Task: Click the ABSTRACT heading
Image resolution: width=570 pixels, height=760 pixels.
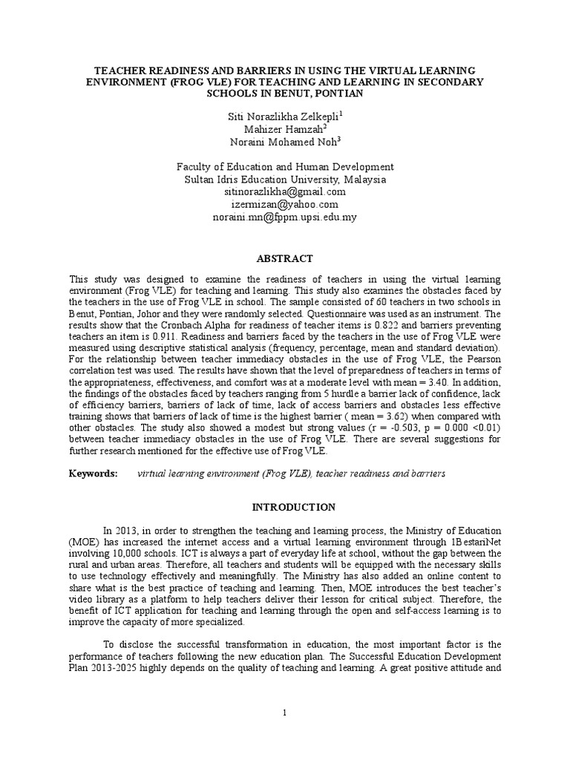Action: point(285,259)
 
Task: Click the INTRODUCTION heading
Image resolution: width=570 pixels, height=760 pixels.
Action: point(285,508)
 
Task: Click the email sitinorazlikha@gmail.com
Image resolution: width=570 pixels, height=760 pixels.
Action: point(285,192)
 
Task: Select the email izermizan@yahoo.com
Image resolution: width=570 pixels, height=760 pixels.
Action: point(285,204)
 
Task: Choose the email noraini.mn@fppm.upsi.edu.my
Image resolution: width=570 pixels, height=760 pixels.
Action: point(285,217)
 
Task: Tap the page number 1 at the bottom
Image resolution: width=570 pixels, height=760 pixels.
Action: point(285,713)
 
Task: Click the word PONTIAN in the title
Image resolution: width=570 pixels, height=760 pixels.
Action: point(321,94)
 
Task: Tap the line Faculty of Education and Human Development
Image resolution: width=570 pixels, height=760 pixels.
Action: point(285,168)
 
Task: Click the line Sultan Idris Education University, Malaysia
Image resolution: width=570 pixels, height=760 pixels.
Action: point(285,180)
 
